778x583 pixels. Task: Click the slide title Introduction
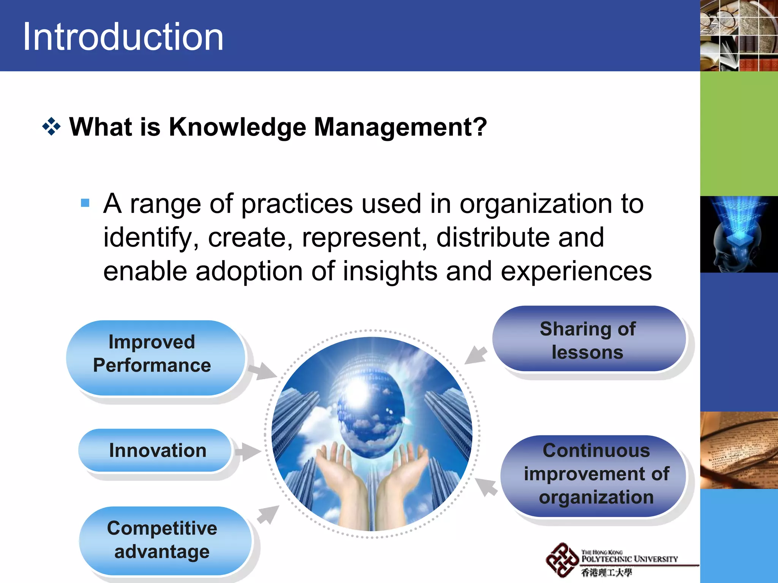[x=123, y=37]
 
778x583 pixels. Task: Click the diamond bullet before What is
[x=52, y=127]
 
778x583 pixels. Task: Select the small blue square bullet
[x=85, y=203]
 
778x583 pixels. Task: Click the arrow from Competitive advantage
[x=268, y=515]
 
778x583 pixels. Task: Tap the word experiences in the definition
[x=576, y=271]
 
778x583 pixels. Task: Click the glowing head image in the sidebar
[x=738, y=234]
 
